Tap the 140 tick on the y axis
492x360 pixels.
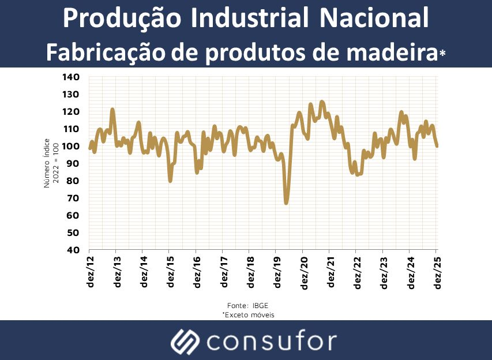click(72, 77)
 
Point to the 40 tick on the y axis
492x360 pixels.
click(74, 250)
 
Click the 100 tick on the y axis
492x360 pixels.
click(72, 147)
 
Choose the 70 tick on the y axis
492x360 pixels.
click(74, 198)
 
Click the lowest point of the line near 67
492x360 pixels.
click(286, 203)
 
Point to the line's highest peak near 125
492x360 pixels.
click(322, 102)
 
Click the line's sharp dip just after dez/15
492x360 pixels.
click(170, 181)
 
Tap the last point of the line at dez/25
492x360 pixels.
click(437, 146)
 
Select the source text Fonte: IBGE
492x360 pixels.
click(247, 305)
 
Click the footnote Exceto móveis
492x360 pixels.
click(248, 315)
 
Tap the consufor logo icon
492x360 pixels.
click(185, 342)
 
